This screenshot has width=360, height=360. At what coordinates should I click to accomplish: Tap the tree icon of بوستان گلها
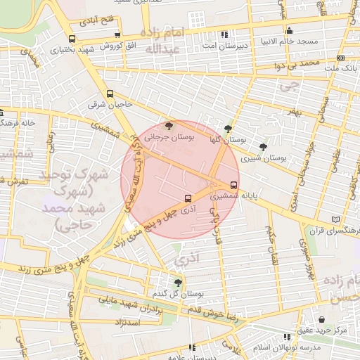[228, 129]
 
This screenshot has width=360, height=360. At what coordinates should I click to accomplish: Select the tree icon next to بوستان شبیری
[263, 147]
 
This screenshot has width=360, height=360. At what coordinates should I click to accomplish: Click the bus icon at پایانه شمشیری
[234, 186]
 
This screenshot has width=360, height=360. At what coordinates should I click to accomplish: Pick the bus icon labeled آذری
[187, 198]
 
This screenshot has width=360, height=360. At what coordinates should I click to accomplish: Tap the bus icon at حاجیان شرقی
[110, 94]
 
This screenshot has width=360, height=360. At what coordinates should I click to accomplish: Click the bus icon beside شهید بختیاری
[72, 39]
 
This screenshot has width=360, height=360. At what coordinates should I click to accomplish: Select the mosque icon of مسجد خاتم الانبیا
[290, 30]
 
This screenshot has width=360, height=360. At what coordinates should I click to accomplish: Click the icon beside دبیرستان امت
[224, 34]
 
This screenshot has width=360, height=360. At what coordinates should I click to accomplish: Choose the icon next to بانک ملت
[341, 58]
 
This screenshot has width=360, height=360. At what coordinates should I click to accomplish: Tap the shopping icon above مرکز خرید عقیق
[321, 320]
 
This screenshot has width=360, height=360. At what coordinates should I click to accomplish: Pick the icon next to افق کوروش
[117, 35]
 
